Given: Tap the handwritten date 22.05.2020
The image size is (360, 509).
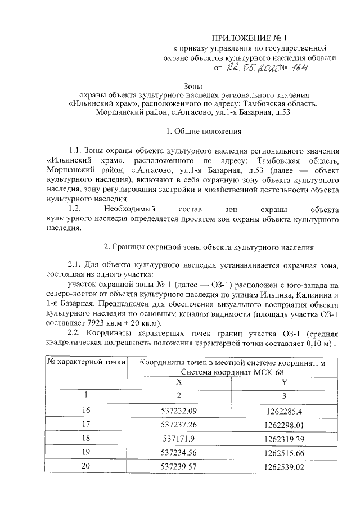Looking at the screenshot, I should point(253,68).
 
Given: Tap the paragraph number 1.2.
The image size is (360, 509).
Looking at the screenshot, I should point(76,208).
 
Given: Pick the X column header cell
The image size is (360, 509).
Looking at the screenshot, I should point(178,381).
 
